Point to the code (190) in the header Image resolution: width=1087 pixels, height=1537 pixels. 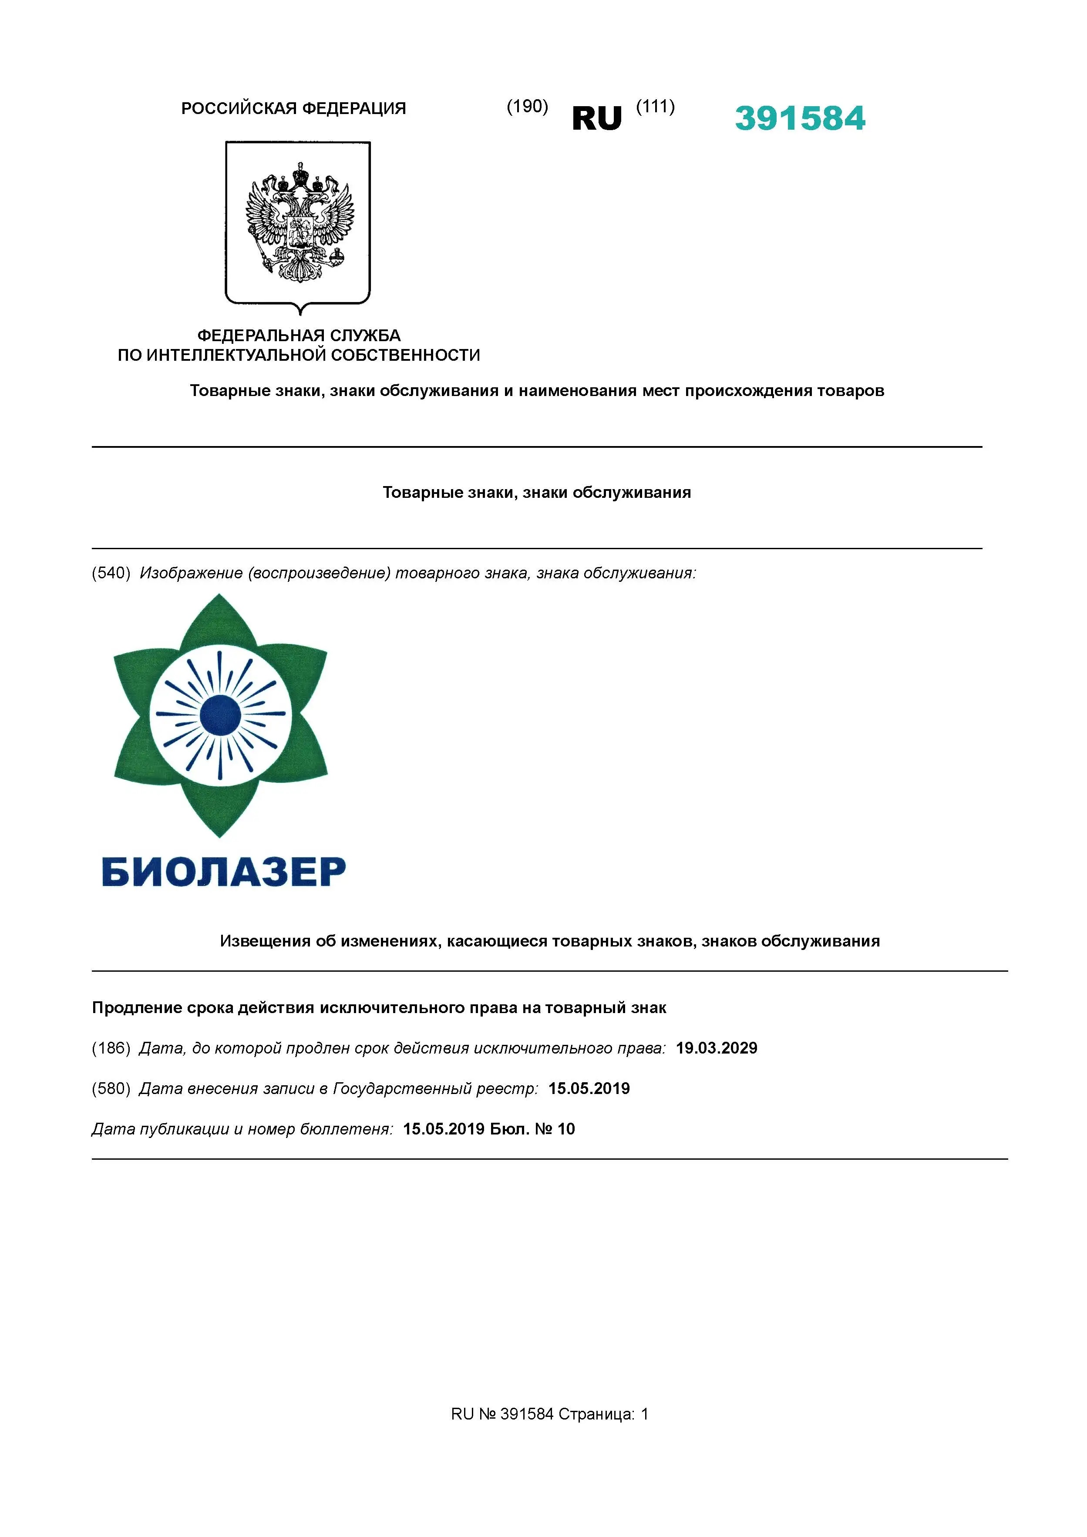point(527,107)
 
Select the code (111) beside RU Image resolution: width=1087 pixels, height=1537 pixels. point(655,107)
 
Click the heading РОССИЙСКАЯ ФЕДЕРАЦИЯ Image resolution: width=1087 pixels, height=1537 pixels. point(293,108)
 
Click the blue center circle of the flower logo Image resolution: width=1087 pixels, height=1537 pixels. point(220,715)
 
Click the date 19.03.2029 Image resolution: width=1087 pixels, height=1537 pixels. point(716,1048)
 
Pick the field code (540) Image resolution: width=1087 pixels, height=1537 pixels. point(111,573)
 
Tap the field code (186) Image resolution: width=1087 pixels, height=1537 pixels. point(111,1048)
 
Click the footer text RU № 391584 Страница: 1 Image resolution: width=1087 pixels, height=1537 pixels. point(550,1414)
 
